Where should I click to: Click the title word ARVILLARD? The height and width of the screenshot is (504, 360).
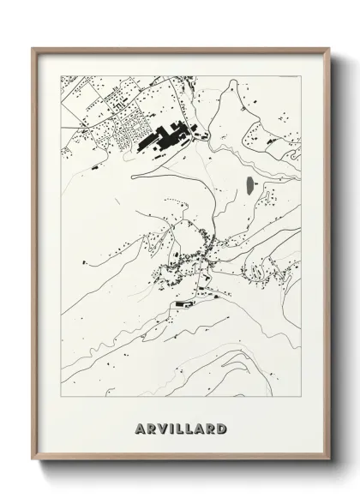point(181,427)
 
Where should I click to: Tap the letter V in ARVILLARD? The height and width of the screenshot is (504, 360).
point(161,427)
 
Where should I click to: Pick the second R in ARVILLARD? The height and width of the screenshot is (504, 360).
point(211,427)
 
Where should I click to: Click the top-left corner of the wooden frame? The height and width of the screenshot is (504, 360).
point(33,47)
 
